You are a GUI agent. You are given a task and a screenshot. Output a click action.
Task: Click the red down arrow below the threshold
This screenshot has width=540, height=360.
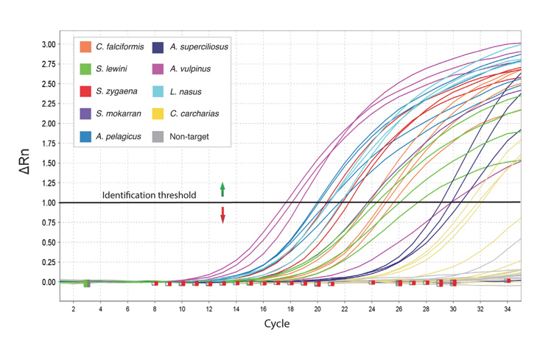tap(222, 215)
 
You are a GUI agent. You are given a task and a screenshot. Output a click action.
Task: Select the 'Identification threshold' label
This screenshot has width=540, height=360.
tap(150, 195)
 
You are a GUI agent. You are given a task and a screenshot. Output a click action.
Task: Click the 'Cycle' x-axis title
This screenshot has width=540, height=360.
tap(277, 323)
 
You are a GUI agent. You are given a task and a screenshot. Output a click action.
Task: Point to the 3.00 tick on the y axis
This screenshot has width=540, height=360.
tap(47, 44)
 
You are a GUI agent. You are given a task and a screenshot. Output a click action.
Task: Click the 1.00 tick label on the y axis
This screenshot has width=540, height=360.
tap(47, 202)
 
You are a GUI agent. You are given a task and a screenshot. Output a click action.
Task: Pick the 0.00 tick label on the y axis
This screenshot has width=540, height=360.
tap(47, 282)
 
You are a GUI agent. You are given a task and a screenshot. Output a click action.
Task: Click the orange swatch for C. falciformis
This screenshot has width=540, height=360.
tap(86, 47)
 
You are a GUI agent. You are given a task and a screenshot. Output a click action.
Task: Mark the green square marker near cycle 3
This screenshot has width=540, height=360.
tap(86, 283)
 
